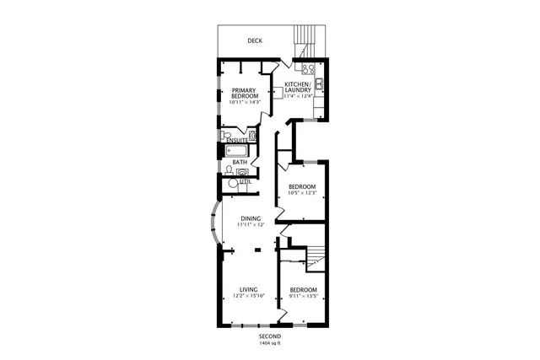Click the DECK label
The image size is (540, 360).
click(x=254, y=40)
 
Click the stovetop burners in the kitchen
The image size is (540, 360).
click(x=308, y=70)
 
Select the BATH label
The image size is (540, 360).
click(x=240, y=163)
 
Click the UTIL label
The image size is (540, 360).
click(x=246, y=181)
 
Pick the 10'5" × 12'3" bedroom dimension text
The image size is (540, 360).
click(x=301, y=194)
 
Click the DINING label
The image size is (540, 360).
click(x=250, y=219)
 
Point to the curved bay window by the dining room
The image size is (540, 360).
click(x=212, y=223)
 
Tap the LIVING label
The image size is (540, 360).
click(x=248, y=289)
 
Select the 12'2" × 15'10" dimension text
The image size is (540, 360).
click(x=248, y=296)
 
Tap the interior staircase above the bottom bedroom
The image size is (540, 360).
click(x=315, y=256)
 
